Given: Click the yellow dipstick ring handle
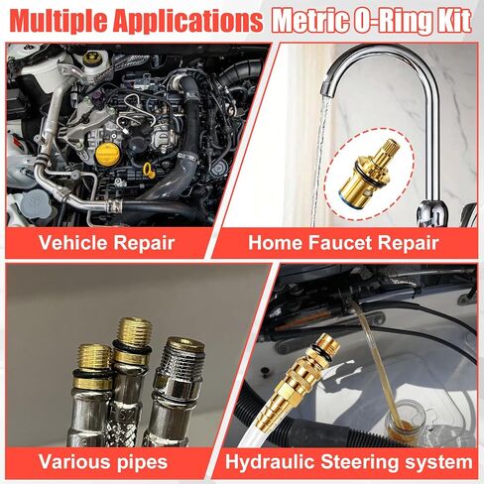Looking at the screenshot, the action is pyautogui.click(x=149, y=171).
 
